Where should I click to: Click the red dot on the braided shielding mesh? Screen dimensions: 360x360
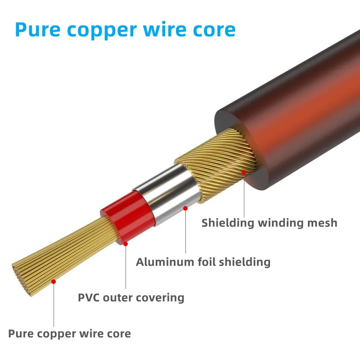(x=244, y=172)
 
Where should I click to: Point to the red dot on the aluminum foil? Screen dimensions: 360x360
(x=185, y=208)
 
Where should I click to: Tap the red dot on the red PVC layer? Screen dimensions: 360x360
(x=126, y=243)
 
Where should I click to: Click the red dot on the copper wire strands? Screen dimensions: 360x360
(x=54, y=281)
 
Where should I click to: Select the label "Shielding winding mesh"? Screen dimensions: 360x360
(x=269, y=222)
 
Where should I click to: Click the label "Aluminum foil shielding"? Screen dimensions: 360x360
(x=203, y=261)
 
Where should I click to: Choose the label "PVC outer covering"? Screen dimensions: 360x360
(x=131, y=297)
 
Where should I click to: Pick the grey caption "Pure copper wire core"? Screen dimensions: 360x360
(x=69, y=334)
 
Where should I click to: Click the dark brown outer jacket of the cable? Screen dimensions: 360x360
(x=292, y=112)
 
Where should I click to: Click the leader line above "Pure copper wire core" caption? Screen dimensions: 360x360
(x=54, y=306)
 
